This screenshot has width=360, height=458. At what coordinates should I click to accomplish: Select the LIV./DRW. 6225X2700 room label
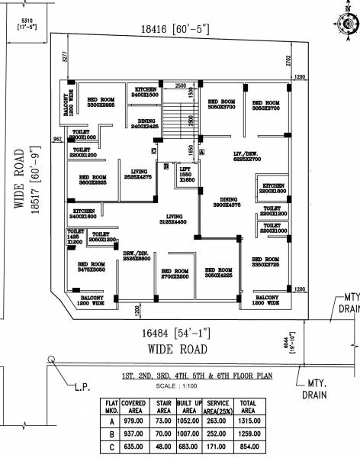pyautogui.click(x=246, y=158)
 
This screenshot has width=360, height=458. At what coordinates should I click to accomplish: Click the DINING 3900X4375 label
pyautogui.click(x=227, y=202)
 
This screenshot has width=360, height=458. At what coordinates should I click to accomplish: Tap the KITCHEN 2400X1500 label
pyautogui.click(x=146, y=92)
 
